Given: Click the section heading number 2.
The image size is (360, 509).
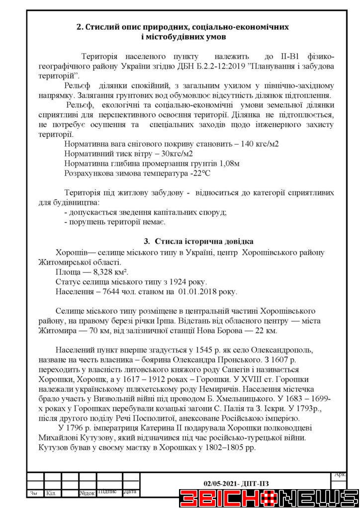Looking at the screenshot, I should [x=79, y=26].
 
